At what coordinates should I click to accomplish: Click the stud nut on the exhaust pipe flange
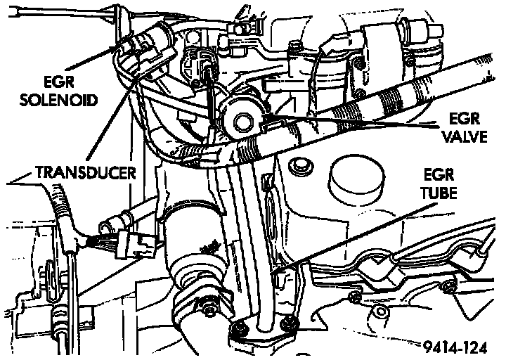209,307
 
